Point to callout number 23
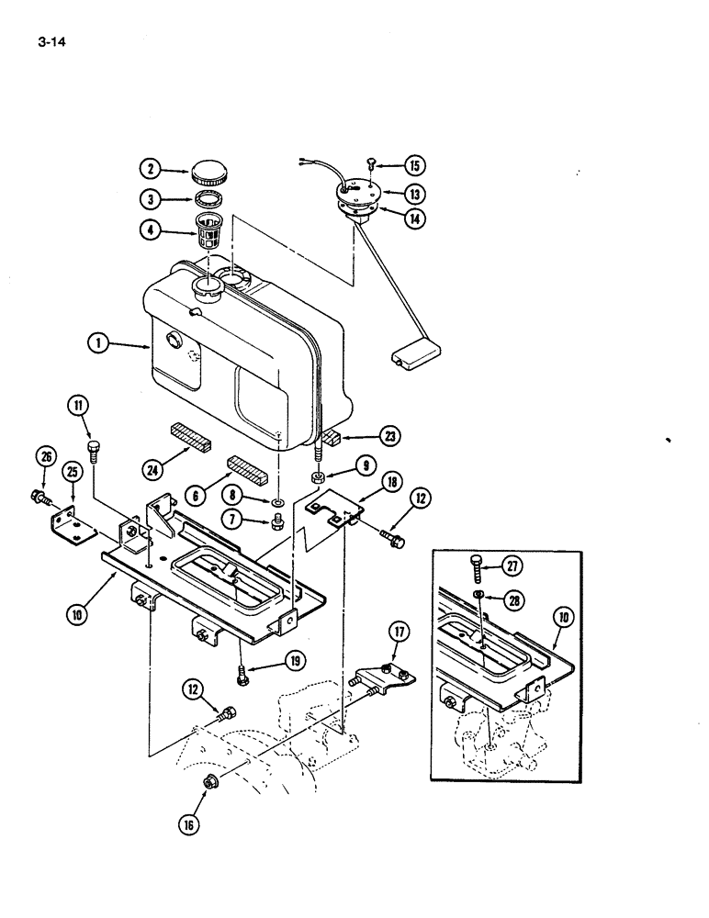391,437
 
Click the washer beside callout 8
276,503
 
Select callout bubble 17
399,633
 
